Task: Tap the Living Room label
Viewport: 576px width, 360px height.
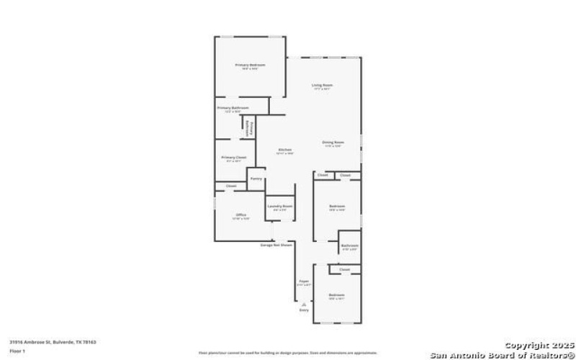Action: click(321, 86)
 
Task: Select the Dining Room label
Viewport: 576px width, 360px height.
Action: click(332, 142)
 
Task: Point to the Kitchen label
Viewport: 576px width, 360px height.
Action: click(285, 150)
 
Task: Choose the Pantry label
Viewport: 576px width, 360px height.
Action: click(256, 179)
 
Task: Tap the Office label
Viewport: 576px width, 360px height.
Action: click(241, 215)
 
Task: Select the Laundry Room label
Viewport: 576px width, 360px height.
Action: click(279, 207)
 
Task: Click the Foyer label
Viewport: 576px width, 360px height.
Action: click(304, 282)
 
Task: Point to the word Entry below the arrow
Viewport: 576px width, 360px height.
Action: click(304, 310)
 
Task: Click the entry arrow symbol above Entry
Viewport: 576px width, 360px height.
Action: click(304, 304)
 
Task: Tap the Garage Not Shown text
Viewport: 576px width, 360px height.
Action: click(276, 245)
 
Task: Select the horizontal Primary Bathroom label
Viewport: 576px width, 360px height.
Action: click(233, 108)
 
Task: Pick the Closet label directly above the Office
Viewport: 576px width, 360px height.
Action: click(231, 186)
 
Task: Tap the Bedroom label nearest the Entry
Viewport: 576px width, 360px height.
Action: click(337, 295)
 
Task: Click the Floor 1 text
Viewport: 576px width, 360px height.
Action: click(17, 351)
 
